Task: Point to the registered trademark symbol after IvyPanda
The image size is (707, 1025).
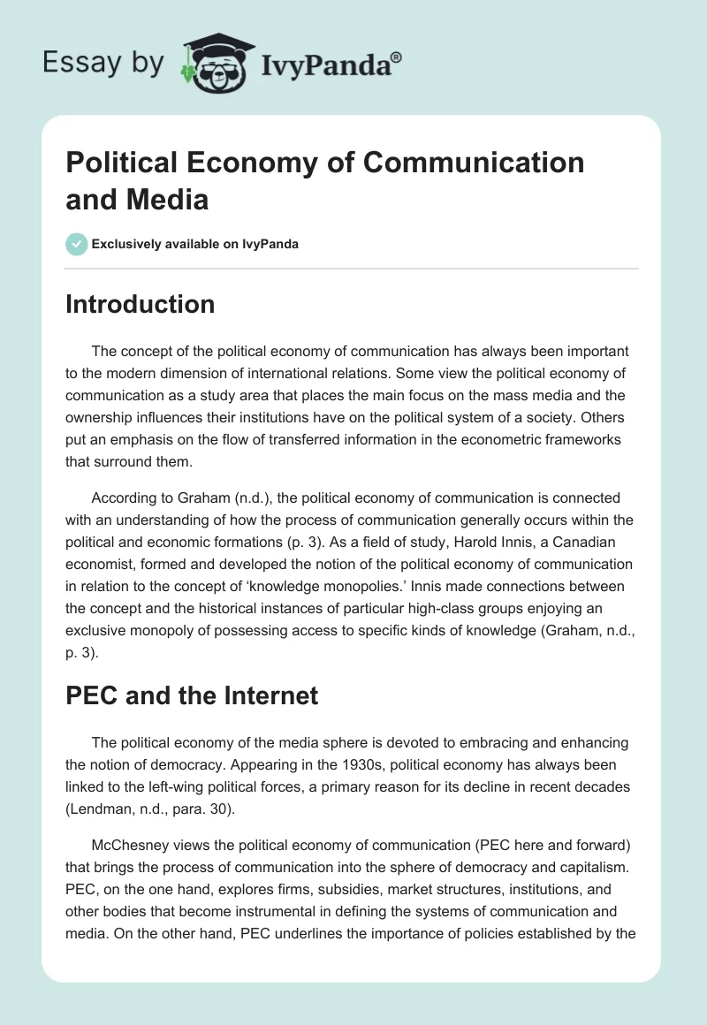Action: click(397, 56)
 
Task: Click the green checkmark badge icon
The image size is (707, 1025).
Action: click(77, 243)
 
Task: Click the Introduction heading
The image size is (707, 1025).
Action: click(141, 304)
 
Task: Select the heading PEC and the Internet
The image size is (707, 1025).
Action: click(192, 695)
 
